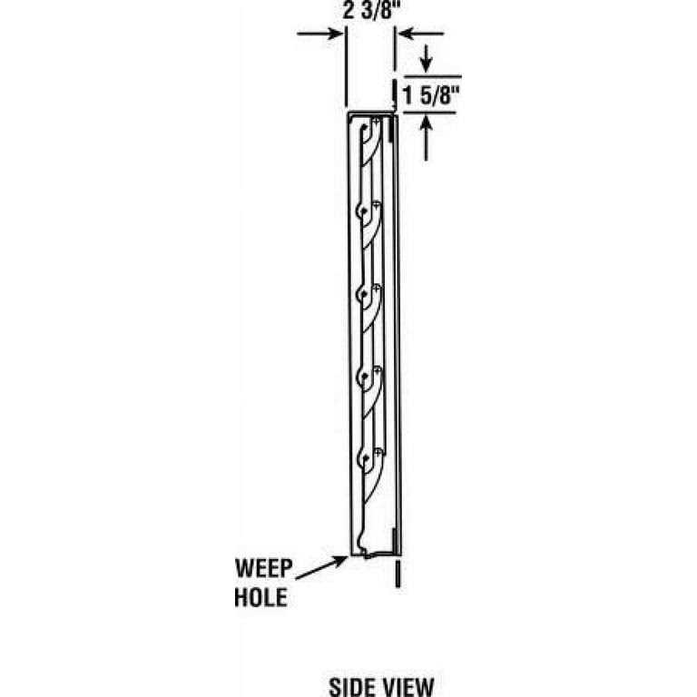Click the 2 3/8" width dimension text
click(368, 11)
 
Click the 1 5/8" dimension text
click(430, 95)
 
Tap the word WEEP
click(263, 568)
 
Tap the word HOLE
click(260, 597)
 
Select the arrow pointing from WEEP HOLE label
click(321, 567)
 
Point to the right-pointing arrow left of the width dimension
click(320, 34)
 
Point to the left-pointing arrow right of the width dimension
click(420, 34)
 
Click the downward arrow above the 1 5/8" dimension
click(427, 58)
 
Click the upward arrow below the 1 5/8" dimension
click(427, 137)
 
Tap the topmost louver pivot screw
click(377, 121)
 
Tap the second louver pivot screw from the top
click(377, 205)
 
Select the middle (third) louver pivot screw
click(377, 289)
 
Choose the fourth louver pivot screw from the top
click(378, 370)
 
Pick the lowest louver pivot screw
click(378, 453)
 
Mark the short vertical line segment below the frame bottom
click(398, 574)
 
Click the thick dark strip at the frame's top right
click(390, 129)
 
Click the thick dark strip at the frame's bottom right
click(394, 540)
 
